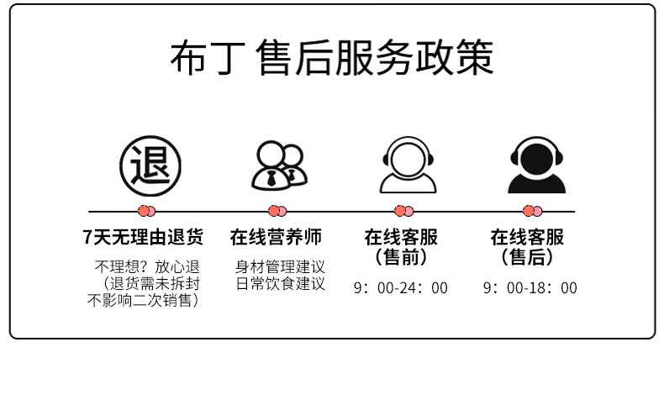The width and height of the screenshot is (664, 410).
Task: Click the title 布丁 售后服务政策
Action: pyautogui.click(x=331, y=57)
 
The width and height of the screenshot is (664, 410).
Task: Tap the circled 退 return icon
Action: pyautogui.click(x=149, y=163)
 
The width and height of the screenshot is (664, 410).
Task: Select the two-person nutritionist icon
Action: pyautogui.click(x=278, y=165)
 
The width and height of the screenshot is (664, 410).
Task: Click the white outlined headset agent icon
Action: pyautogui.click(x=408, y=164)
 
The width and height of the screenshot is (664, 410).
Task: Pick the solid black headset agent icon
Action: pyautogui.click(x=535, y=164)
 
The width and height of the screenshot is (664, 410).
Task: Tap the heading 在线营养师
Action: pyautogui.click(x=276, y=237)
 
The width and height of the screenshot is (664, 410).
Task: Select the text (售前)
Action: pyautogui.click(x=401, y=256)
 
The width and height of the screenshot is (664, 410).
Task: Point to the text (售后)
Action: pyautogui.click(x=527, y=256)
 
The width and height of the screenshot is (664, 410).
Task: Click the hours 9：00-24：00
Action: pyautogui.click(x=401, y=288)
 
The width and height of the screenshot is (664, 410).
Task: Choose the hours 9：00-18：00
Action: pyautogui.click(x=530, y=288)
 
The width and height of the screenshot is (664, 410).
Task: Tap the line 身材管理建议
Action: pyautogui.click(x=280, y=267)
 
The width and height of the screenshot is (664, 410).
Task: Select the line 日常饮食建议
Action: pyautogui.click(x=280, y=283)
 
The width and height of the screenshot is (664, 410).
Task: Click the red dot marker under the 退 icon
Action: pyautogui.click(x=146, y=211)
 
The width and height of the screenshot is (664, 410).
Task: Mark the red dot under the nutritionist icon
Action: pyautogui.click(x=277, y=211)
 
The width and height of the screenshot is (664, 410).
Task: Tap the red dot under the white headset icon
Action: pyautogui.click(x=404, y=211)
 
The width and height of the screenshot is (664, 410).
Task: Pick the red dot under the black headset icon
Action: pyautogui.click(x=533, y=211)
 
